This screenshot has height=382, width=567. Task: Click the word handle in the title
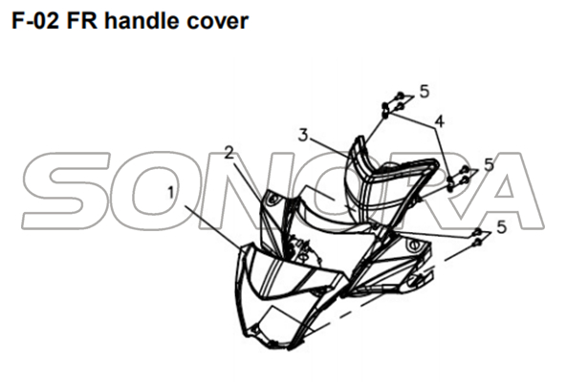[x=142, y=21]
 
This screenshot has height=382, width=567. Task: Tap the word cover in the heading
[x=218, y=22]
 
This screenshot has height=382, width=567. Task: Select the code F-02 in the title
[x=35, y=21]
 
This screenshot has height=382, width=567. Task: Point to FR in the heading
[x=82, y=21]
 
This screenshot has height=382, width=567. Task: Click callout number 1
[x=171, y=193]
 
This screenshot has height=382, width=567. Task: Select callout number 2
[x=229, y=153]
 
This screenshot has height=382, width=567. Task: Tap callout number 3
[x=303, y=136]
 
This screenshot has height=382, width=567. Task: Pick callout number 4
[x=439, y=121]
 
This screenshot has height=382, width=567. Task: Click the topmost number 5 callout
[x=425, y=92]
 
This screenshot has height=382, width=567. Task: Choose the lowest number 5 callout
[x=502, y=227]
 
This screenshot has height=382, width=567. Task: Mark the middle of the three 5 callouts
[x=489, y=165]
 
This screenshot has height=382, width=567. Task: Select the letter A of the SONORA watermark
[x=505, y=191]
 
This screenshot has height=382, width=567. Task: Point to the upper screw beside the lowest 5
[x=478, y=232]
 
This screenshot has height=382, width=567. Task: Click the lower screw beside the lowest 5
[x=478, y=243]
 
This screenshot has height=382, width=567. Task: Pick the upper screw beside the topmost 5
[x=400, y=95]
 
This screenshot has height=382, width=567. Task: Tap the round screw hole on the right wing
[x=412, y=246]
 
